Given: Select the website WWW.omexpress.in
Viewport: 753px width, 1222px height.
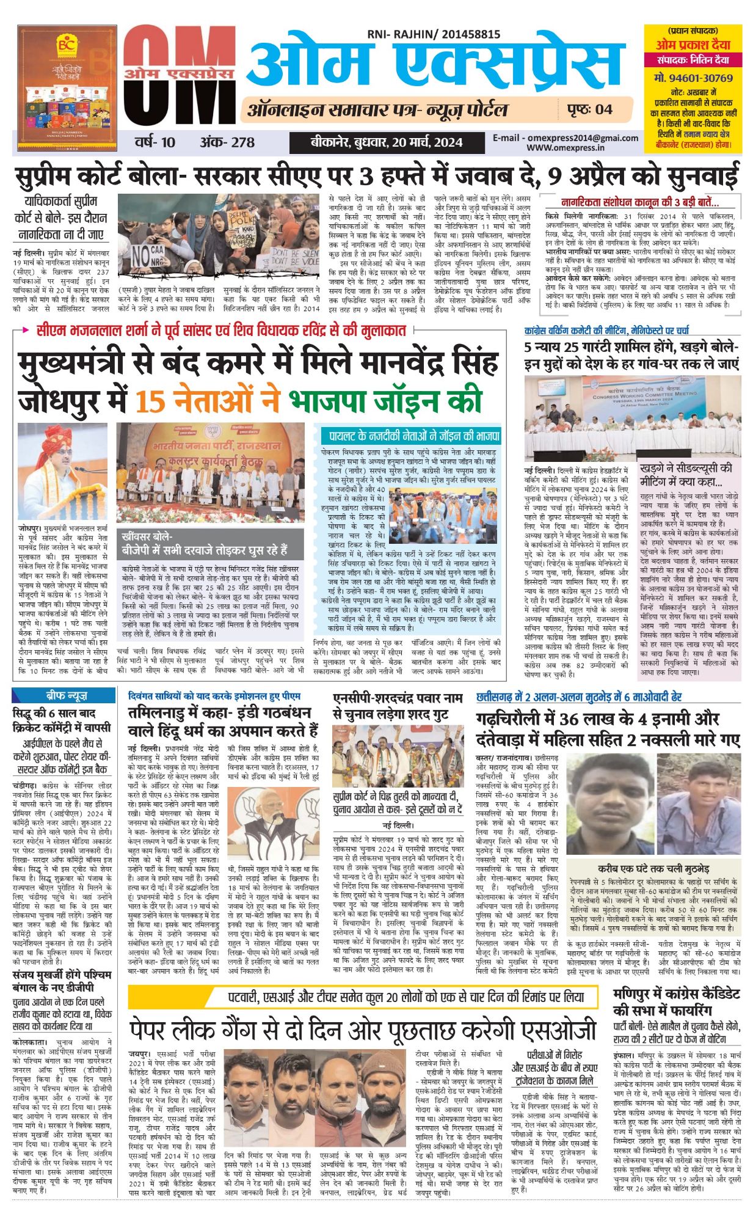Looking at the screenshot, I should point(566,147).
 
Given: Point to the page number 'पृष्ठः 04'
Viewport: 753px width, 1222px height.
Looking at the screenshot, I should point(589,109).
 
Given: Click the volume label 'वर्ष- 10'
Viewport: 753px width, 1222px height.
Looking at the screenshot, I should point(155,142).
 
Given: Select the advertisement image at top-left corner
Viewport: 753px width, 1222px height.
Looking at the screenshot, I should point(68,87).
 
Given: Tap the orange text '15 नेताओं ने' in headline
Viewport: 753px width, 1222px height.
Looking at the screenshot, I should point(207,402).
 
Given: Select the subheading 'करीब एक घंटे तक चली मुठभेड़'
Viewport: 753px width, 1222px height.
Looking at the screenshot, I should point(653,868).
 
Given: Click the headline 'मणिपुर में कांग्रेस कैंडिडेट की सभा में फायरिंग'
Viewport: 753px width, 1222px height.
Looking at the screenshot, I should point(676,1002).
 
